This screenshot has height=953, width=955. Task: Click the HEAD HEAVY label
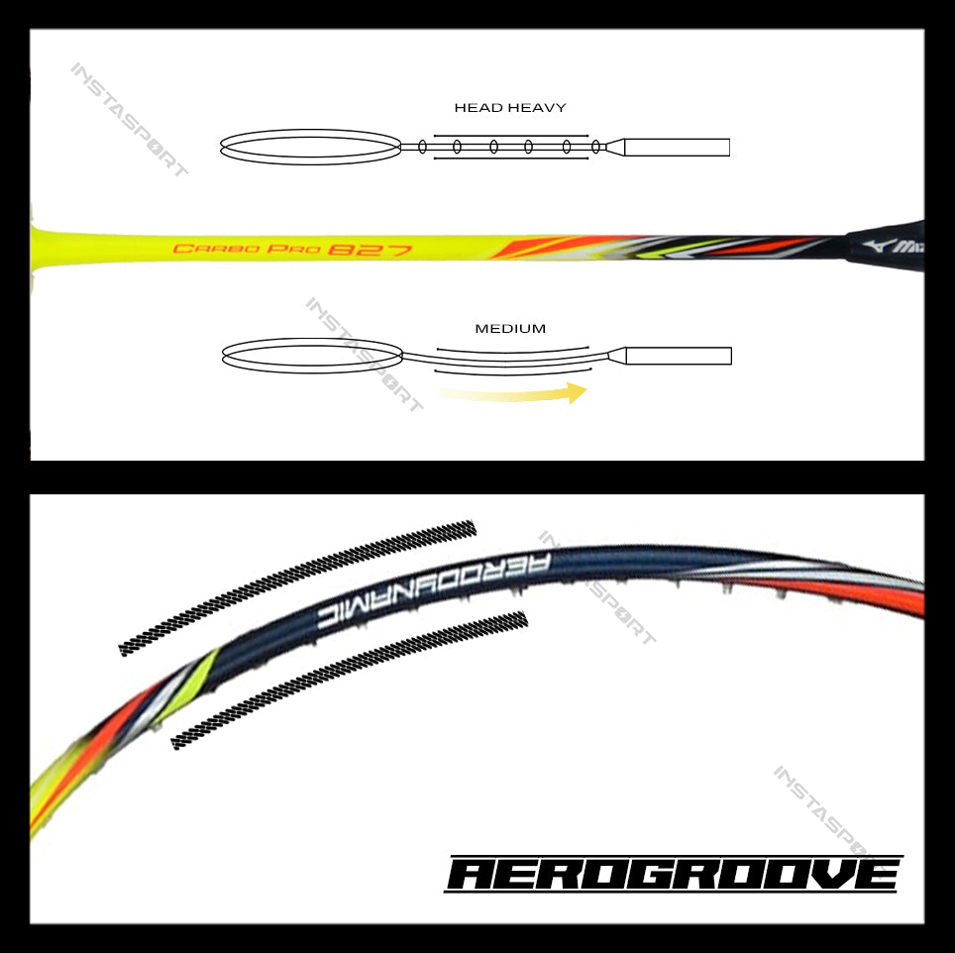(510, 107)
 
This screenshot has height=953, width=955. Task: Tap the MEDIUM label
(510, 329)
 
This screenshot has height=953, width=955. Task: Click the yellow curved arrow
(513, 394)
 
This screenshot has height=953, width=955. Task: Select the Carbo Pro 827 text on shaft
(292, 249)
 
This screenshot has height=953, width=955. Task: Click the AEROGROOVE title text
(674, 875)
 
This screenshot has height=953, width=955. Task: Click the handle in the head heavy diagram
(677, 147)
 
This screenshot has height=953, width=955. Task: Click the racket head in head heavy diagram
(310, 147)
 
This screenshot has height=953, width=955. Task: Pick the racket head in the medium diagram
(312, 355)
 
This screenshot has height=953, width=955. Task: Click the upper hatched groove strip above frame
(297, 586)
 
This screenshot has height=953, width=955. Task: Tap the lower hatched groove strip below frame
(349, 679)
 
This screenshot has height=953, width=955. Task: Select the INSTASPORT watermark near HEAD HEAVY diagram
(129, 120)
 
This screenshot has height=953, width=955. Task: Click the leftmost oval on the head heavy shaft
(423, 147)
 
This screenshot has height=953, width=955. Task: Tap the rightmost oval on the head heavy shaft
(596, 147)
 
